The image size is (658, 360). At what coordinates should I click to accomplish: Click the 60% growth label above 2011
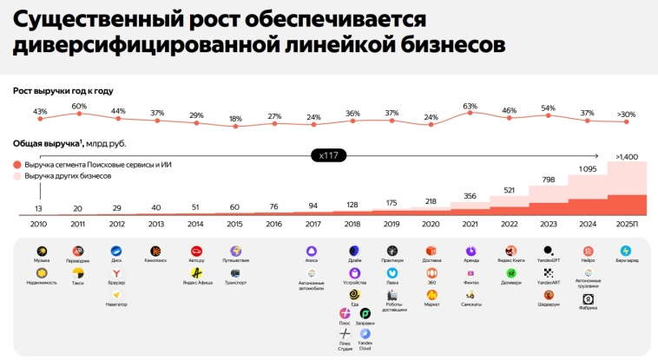click(x=79, y=107)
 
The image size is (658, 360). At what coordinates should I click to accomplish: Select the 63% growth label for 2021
click(x=470, y=107)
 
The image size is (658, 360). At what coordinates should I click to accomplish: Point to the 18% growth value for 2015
click(x=235, y=119)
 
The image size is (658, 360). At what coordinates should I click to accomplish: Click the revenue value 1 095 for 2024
click(x=588, y=169)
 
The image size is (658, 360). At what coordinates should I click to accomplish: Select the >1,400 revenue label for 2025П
click(x=627, y=156)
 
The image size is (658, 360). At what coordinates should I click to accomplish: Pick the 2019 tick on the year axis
click(x=392, y=224)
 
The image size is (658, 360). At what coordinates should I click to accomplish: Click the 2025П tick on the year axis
click(x=627, y=224)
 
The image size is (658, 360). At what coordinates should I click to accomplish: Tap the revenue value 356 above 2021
click(x=470, y=196)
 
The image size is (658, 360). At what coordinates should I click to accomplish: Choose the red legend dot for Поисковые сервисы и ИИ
click(x=17, y=165)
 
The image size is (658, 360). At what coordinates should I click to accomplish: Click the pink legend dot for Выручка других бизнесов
click(x=17, y=176)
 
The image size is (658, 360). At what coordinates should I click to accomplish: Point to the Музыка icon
click(x=41, y=251)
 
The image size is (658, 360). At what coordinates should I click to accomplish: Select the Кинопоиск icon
click(x=155, y=251)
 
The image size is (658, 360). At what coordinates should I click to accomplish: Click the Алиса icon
click(x=311, y=251)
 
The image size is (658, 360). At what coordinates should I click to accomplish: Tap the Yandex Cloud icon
click(x=365, y=334)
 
